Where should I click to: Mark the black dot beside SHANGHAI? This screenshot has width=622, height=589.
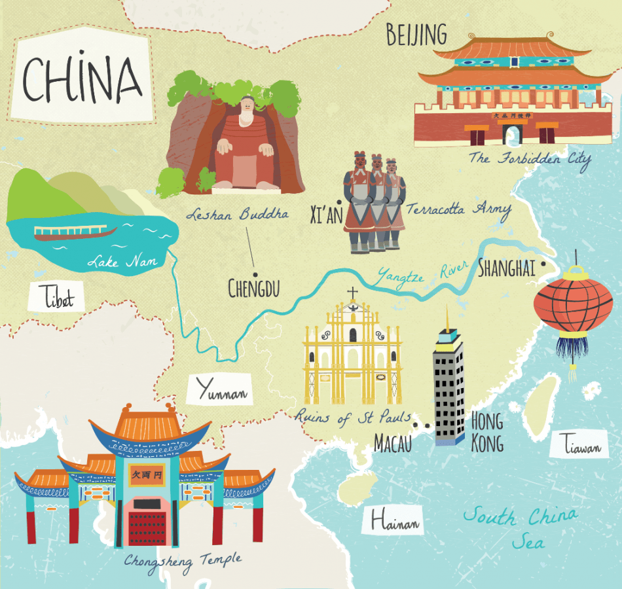(543, 266)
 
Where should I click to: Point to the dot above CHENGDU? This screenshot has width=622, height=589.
(255, 274)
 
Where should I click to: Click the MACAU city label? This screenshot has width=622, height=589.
(393, 443)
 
